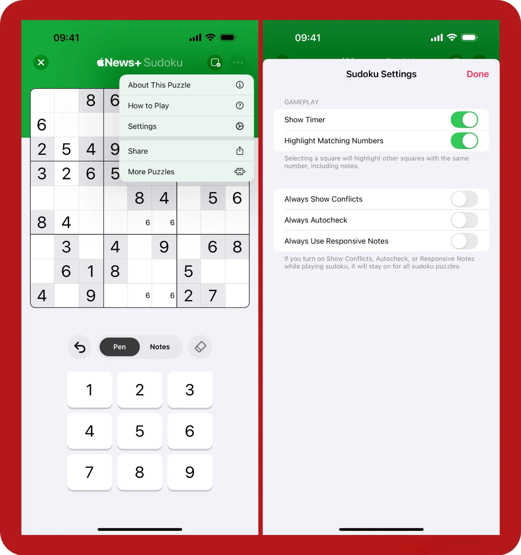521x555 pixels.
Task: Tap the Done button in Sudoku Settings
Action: [477, 74]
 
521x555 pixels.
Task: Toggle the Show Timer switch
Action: [464, 120]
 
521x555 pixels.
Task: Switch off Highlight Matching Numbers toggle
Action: [464, 140]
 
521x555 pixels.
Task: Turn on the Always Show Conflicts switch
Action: [464, 199]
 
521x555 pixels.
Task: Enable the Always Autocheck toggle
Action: [464, 220]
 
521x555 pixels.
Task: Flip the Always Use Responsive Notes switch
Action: [464, 241]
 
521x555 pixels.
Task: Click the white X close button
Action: [41, 63]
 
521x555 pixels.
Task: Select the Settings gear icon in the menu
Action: [239, 126]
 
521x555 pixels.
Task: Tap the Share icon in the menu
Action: [239, 151]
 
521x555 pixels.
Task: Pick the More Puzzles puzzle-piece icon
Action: [239, 172]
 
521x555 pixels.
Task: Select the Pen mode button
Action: [120, 347]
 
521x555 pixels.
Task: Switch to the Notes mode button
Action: [160, 347]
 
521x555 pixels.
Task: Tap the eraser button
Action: [200, 347]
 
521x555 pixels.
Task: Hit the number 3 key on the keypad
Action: [190, 390]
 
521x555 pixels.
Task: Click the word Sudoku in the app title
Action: [163, 63]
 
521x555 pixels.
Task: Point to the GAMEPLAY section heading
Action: [301, 102]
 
